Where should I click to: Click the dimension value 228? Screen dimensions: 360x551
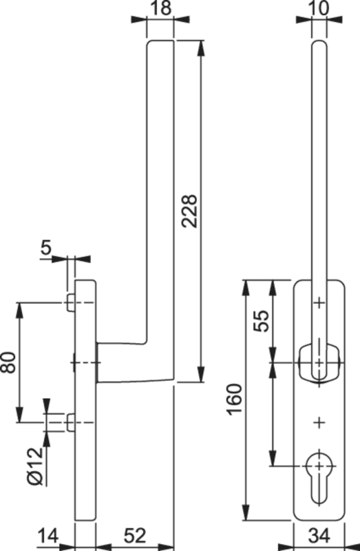pos(190,211)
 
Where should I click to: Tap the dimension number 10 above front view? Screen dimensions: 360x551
pos(319,8)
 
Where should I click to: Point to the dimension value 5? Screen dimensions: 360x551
pos(45,248)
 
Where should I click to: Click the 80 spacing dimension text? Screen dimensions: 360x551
pos(8,362)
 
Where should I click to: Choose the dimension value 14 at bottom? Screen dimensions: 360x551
pos(48,537)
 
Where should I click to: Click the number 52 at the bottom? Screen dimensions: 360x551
pos(134,537)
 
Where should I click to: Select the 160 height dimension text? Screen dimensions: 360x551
pos(235,400)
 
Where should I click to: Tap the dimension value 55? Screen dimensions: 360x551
pos(263,321)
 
